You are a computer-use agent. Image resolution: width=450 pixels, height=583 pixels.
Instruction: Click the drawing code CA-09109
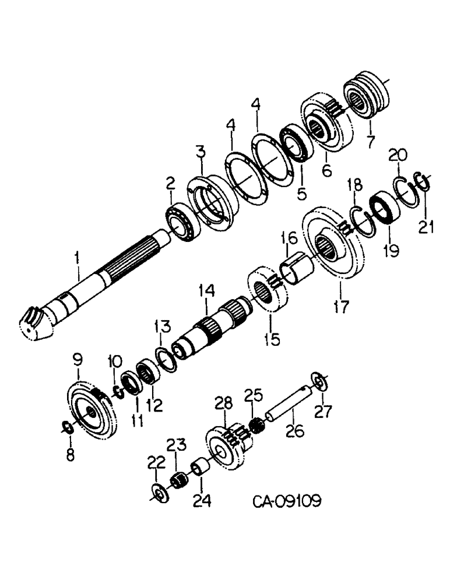pos(287,501)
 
